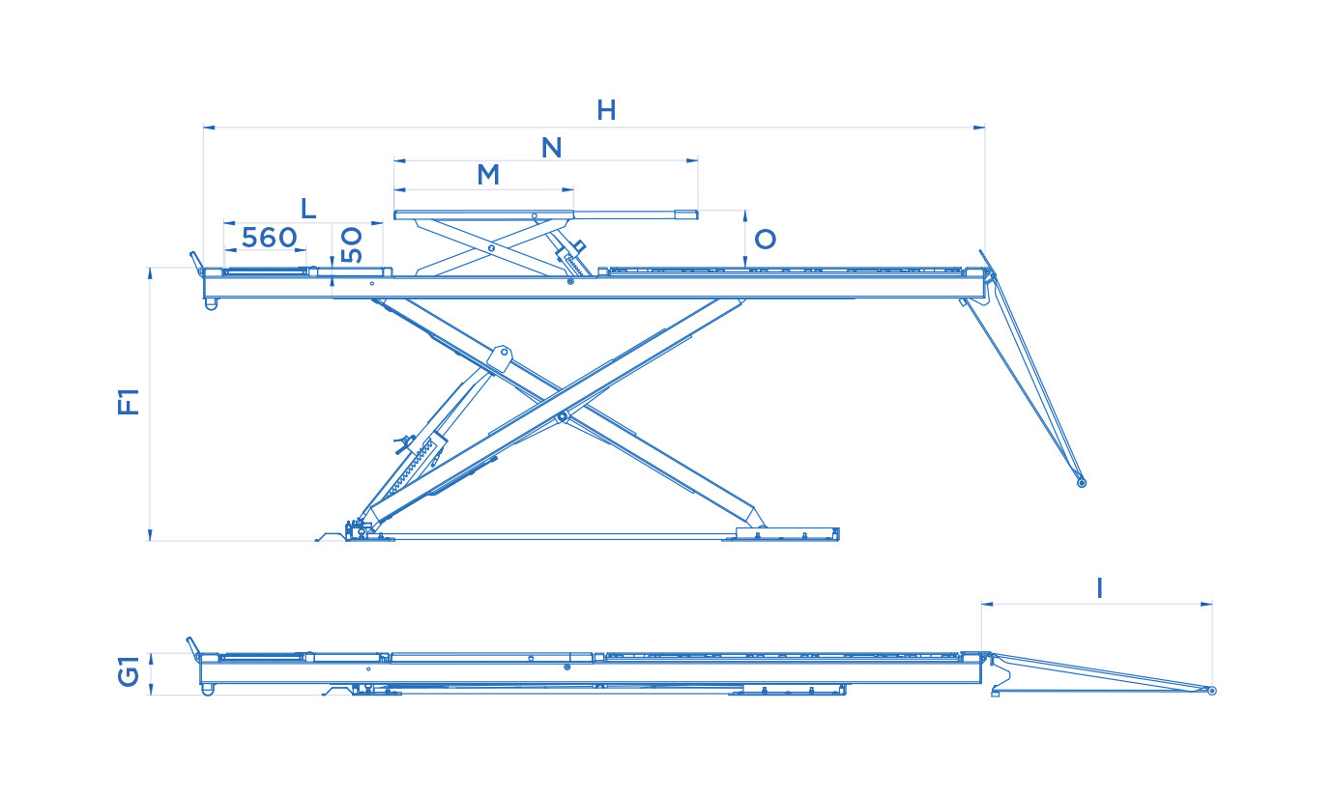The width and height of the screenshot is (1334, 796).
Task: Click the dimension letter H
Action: [606, 111]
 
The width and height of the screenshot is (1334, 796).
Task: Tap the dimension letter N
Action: [551, 148]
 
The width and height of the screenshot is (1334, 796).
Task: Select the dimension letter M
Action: [488, 175]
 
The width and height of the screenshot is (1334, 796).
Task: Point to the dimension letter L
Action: [308, 209]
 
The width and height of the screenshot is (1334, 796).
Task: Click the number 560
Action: [269, 238]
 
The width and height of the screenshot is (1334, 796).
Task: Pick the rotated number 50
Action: [352, 244]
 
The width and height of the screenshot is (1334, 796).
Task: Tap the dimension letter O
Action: [766, 240]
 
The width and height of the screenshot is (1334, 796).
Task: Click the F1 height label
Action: [129, 402]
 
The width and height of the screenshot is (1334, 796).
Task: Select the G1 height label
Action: [129, 671]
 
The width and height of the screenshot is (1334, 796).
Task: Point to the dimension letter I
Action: [1099, 589]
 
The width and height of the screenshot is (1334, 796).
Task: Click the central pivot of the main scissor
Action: [563, 417]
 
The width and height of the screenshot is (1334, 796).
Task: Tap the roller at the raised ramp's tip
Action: [1082, 482]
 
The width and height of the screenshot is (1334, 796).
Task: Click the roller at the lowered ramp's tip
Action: [1212, 691]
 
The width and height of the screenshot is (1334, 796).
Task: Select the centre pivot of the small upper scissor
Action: [491, 247]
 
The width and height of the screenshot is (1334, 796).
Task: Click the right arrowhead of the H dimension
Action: [978, 128]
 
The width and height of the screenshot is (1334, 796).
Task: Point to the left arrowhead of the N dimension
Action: [400, 160]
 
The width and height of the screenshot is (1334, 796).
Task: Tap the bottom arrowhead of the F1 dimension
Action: [150, 535]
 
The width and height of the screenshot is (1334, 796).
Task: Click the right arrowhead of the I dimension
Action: [1206, 605]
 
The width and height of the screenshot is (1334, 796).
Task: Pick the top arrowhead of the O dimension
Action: [745, 216]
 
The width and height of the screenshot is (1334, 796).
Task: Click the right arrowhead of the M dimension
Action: [567, 190]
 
